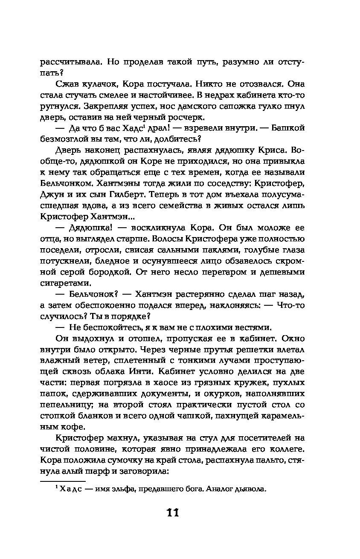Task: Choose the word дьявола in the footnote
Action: click(250, 490)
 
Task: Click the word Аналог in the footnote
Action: click(218, 490)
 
